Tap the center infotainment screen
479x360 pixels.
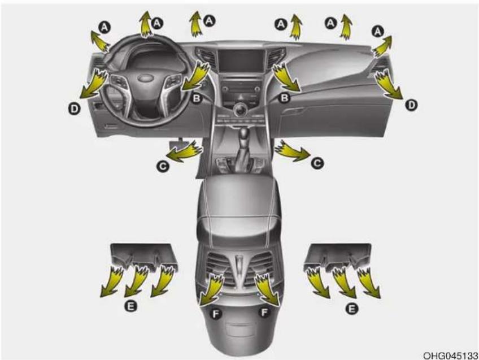[x=241, y=61]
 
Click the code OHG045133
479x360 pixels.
[x=450, y=355]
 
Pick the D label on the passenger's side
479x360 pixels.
[x=411, y=105]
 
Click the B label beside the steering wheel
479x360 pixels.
[x=197, y=98]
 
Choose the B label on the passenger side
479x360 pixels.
[x=285, y=98]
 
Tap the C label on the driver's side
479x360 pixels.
[x=163, y=166]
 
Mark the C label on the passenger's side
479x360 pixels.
[x=317, y=163]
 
